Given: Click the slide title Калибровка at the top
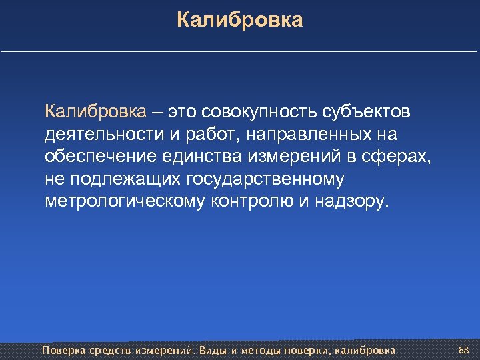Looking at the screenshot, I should (x=240, y=20).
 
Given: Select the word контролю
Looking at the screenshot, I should (x=251, y=202).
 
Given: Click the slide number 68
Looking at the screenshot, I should (x=464, y=350).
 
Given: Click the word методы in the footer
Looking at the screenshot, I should (x=261, y=350).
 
